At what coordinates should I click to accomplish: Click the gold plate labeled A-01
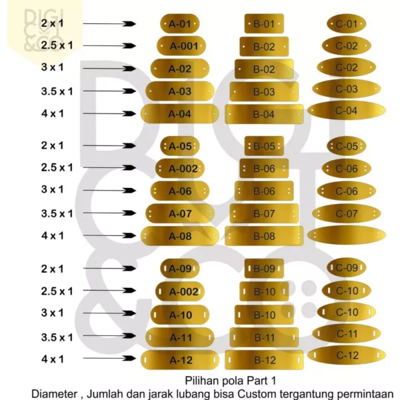tap(180, 24)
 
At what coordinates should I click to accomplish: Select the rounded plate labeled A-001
tap(181, 46)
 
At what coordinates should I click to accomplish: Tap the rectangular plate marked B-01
tap(264, 24)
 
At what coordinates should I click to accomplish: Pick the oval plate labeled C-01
tap(347, 24)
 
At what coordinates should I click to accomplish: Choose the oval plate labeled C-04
tap(347, 111)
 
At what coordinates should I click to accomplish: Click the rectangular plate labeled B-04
tap(264, 114)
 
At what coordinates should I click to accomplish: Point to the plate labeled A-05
tap(180, 146)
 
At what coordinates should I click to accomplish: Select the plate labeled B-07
tap(264, 213)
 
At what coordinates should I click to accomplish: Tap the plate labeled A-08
tap(180, 236)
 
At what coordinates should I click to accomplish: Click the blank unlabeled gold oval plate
tap(347, 235)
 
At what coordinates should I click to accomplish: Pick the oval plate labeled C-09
tap(347, 267)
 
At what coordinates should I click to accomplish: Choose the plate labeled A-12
tap(180, 360)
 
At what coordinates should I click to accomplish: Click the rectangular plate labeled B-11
tap(264, 337)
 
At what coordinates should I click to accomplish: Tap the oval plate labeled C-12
tap(347, 355)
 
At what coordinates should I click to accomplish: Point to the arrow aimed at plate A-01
tap(109, 24)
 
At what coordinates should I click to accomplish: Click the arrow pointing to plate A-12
tap(109, 358)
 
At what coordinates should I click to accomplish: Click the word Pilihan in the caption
tap(201, 381)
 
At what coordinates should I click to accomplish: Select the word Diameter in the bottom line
tap(55, 393)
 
